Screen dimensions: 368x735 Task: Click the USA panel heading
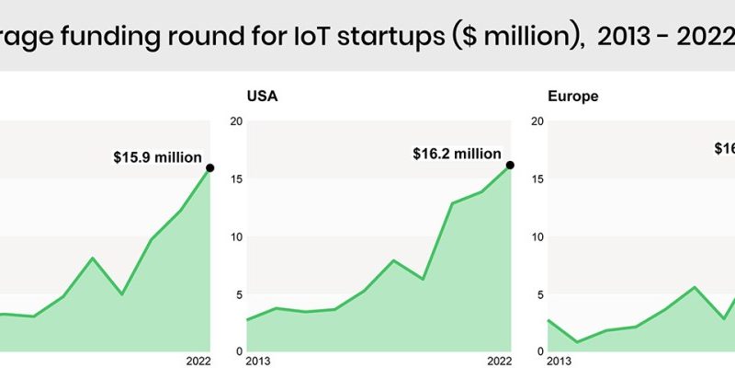(x=260, y=96)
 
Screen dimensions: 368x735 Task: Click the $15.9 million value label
(x=157, y=157)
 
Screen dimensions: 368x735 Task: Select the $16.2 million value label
(x=458, y=154)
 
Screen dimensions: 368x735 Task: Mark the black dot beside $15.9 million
(x=209, y=167)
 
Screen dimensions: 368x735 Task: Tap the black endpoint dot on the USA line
(x=510, y=165)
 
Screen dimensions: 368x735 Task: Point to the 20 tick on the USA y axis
(x=237, y=121)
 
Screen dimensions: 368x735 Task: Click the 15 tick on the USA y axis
(x=237, y=179)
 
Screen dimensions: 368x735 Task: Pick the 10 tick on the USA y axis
(x=237, y=236)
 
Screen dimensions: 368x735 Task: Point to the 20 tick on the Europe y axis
(x=537, y=121)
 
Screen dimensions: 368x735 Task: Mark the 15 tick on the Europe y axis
(x=537, y=179)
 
